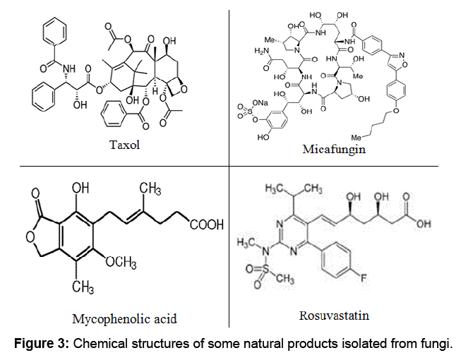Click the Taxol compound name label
pos(125,146)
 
